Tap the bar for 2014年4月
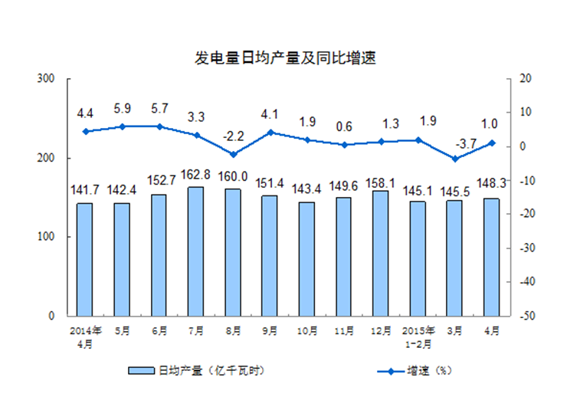84,259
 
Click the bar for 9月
270,255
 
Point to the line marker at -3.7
454,159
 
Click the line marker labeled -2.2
233,154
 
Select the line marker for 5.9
122,126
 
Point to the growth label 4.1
270,117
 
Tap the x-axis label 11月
344,331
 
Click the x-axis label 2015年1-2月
418,337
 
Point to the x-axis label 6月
159,331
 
